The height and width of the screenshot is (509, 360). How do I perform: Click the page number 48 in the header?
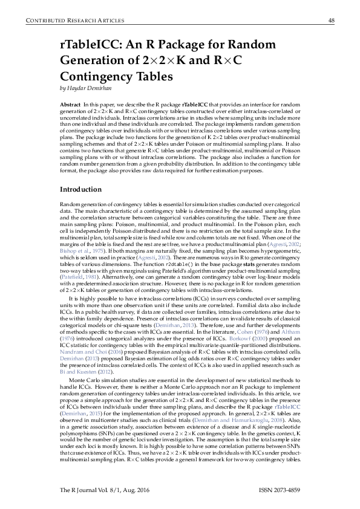pyautogui.click(x=331, y=20)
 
